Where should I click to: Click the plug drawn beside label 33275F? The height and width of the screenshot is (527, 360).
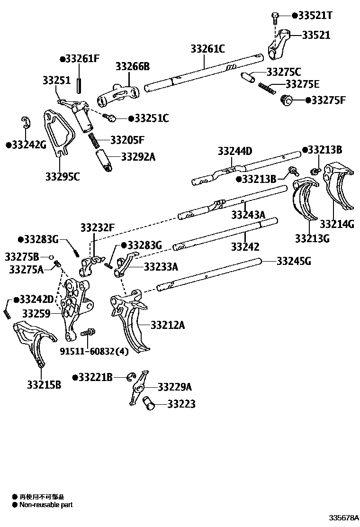pyautogui.click(x=286, y=100)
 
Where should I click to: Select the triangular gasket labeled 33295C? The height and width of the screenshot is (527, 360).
pyautogui.click(x=58, y=133)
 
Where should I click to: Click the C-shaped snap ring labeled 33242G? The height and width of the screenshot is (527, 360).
pyautogui.click(x=26, y=123)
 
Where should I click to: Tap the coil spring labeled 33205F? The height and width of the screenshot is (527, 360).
pyautogui.click(x=95, y=141)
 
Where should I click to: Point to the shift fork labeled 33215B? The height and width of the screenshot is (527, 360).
pyautogui.click(x=33, y=344)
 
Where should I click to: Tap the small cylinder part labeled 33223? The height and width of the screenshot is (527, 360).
pyautogui.click(x=149, y=403)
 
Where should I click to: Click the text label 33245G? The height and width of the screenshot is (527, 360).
pyautogui.click(x=294, y=261)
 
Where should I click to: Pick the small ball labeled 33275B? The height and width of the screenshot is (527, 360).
pyautogui.click(x=49, y=257)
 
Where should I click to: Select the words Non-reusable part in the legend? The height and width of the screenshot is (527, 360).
pyautogui.click(x=46, y=505)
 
